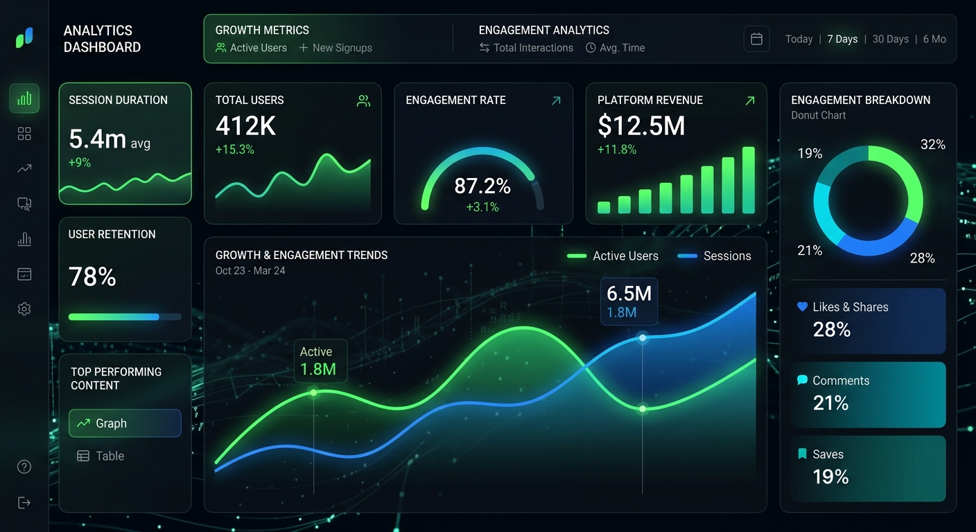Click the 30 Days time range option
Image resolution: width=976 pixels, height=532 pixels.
pos(890,39)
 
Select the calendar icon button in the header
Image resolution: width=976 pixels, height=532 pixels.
pos(756,39)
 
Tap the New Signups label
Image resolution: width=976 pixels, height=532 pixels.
pos(342,48)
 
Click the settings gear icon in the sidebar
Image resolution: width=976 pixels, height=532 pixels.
pos(24,309)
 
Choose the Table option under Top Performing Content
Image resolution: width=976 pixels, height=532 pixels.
pos(110,456)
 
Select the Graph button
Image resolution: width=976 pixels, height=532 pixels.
pos(125,423)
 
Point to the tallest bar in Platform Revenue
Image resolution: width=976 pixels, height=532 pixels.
pos(748,180)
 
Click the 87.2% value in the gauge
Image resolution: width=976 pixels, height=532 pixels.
pos(482,186)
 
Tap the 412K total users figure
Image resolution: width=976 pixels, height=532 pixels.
pos(246,126)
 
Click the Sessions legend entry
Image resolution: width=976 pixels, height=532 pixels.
pos(726,256)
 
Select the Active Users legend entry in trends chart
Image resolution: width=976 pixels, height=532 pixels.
pos(625,256)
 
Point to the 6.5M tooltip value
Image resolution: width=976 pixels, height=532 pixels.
pos(629,293)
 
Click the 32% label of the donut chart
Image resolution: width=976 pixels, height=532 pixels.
pos(932,144)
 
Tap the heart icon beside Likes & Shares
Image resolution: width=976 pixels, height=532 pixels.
pos(803,307)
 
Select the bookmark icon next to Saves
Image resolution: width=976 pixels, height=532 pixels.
pos(802,454)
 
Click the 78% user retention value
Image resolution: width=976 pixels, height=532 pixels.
pos(92,277)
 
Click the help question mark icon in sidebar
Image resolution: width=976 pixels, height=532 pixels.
pos(24,467)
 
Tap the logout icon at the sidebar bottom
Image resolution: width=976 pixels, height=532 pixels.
pos(24,502)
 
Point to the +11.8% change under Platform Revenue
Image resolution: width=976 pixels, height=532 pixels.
pos(617,150)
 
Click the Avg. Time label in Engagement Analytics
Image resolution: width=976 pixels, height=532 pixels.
pos(622,48)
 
